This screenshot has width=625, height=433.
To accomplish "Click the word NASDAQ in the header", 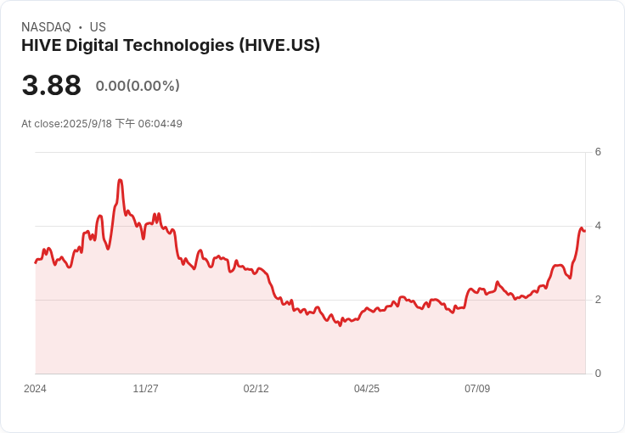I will pyautogui.click(x=46, y=27).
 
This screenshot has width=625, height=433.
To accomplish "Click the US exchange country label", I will pyautogui.click(x=98, y=27).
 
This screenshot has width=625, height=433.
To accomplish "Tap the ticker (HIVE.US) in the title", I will pyautogui.click(x=280, y=46).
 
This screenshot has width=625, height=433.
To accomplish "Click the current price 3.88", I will pyautogui.click(x=51, y=86).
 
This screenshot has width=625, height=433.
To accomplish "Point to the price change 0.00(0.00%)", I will pyautogui.click(x=138, y=86).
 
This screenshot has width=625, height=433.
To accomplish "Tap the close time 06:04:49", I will pyautogui.click(x=160, y=124).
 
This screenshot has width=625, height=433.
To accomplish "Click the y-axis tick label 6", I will pyautogui.click(x=598, y=153).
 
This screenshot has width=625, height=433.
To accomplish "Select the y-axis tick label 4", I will pyautogui.click(x=598, y=226).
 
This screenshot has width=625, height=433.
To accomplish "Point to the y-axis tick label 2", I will pyautogui.click(x=598, y=300).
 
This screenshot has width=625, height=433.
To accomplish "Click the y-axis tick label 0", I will pyautogui.click(x=598, y=374).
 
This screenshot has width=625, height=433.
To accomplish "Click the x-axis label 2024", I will pyautogui.click(x=35, y=389).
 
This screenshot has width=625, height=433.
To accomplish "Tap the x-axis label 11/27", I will pyautogui.click(x=145, y=389).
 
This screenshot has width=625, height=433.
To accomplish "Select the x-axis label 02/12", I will pyautogui.click(x=256, y=389).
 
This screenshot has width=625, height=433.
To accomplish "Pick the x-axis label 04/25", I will pyautogui.click(x=366, y=389).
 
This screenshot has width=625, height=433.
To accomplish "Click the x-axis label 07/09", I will pyautogui.click(x=476, y=389).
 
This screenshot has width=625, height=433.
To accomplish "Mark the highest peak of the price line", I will pyautogui.click(x=120, y=180).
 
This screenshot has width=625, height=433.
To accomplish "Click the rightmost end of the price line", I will pyautogui.click(x=584, y=231).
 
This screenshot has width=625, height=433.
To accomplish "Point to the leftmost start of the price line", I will pyautogui.click(x=35, y=262).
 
